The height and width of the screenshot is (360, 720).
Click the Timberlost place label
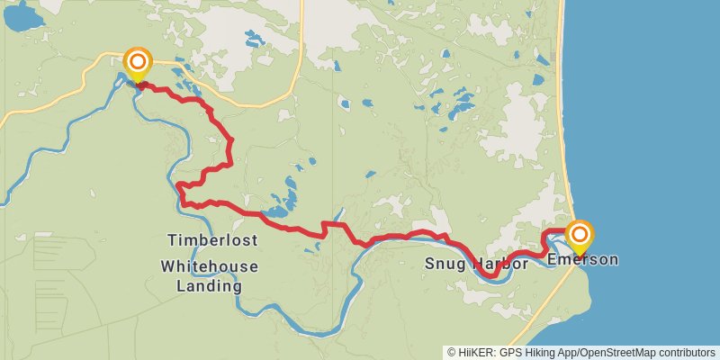212,240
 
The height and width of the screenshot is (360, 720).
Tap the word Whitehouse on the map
210,266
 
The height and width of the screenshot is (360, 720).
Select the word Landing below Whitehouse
210,286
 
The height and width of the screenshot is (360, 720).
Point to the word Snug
444,265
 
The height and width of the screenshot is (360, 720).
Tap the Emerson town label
582,260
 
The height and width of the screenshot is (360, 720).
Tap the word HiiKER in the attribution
475,352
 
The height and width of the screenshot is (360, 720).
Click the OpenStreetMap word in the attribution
611,352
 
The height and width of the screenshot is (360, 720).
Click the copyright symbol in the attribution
452,352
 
